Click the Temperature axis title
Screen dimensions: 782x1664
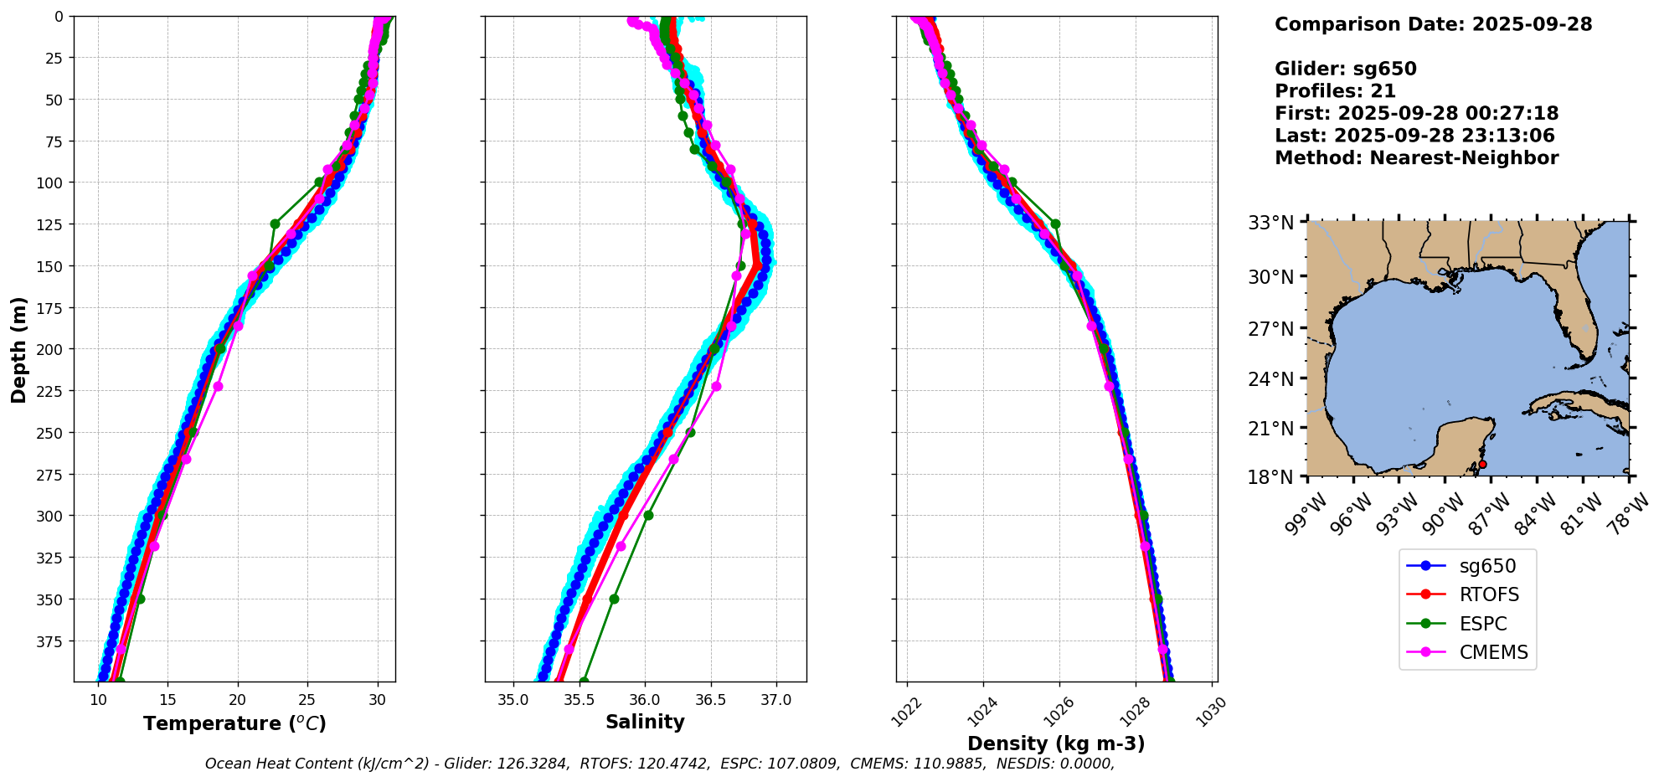pyautogui.click(x=234, y=723)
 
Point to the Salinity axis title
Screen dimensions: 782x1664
pyautogui.click(x=645, y=722)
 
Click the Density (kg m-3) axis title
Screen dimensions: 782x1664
pyautogui.click(x=1056, y=743)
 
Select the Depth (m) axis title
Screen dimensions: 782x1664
pyautogui.click(x=18, y=349)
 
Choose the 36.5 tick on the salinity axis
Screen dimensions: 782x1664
pyautogui.click(x=710, y=700)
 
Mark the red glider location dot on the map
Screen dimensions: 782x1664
pyautogui.click(x=1482, y=464)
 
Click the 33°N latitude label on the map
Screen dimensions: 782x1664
pyautogui.click(x=1270, y=224)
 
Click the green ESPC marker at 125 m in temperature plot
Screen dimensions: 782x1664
pyautogui.click(x=275, y=224)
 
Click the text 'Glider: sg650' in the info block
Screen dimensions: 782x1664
pyautogui.click(x=1345, y=69)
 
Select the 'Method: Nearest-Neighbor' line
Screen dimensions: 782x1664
pyautogui.click(x=1416, y=158)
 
